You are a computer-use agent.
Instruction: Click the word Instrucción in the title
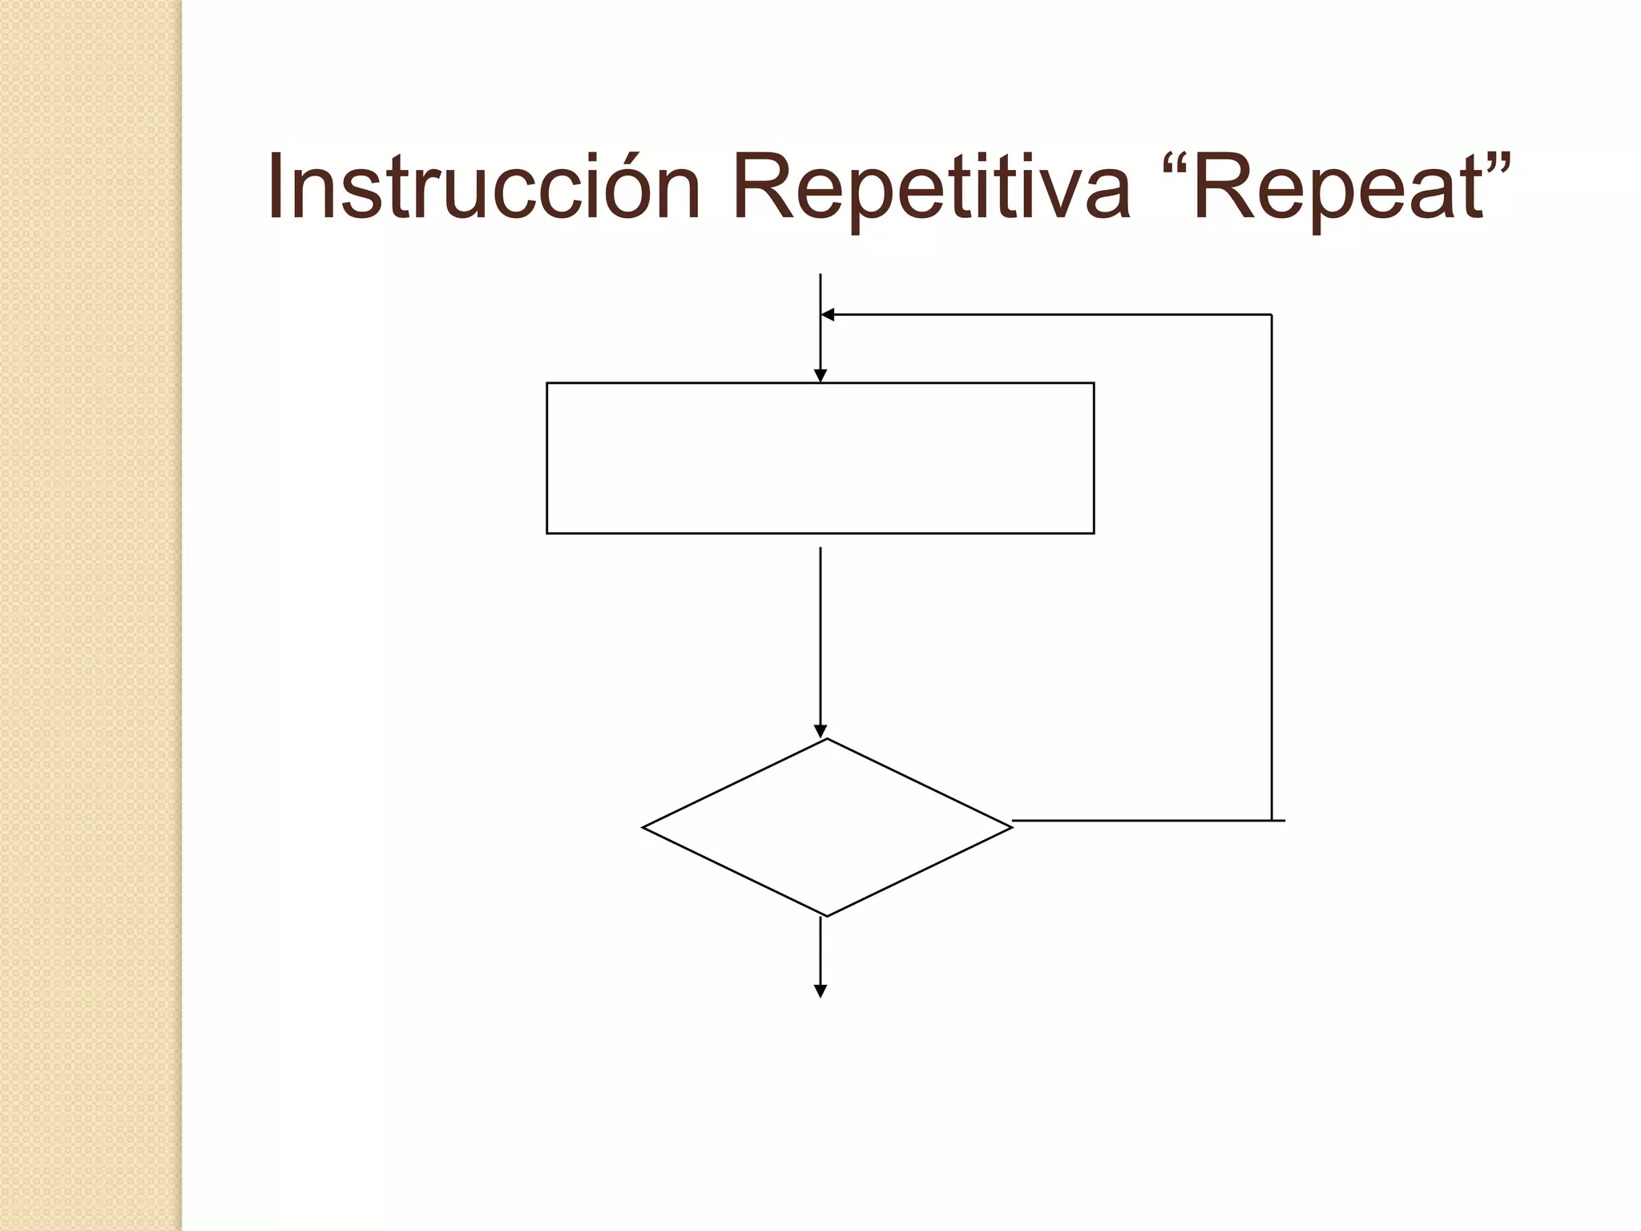[x=484, y=186]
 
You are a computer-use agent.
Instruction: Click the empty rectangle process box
[x=820, y=458]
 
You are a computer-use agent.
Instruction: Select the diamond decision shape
[x=827, y=827]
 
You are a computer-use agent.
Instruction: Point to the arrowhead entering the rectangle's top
[x=820, y=376]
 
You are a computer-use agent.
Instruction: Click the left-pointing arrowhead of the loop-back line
[x=829, y=315]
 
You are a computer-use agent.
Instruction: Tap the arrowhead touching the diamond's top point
[x=820, y=731]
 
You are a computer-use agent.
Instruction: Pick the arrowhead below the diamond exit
[x=820, y=991]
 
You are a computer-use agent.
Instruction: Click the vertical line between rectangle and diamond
[x=820, y=633]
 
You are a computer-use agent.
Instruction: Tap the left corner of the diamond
[x=644, y=827]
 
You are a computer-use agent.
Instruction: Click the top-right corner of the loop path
[x=1272, y=315]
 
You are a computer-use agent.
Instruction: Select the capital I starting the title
[x=276, y=186]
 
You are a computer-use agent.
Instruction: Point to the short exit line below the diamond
[x=820, y=950]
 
